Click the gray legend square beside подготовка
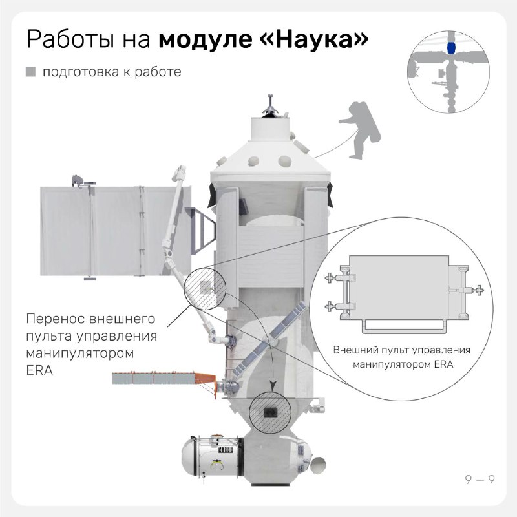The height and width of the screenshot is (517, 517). pos(30,72)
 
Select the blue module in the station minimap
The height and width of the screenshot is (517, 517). pos(451,48)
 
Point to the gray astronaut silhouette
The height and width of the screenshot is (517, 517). pos(360,131)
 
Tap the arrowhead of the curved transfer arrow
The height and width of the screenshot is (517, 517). pos(273,386)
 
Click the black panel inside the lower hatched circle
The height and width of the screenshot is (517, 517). pos(270,412)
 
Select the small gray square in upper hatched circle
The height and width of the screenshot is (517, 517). pos(206,287)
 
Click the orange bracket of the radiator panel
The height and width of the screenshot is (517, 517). pos(206,382)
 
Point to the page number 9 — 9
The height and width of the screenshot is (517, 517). pos(480,480)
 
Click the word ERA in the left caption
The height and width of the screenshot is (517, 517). pos(39,370)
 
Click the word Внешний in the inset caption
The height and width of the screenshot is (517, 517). pos(355,350)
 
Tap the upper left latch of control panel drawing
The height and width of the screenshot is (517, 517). pos(330,278)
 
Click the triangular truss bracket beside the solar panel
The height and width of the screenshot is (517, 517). pos(200,231)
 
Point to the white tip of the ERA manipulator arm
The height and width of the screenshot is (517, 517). pos(180,173)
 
